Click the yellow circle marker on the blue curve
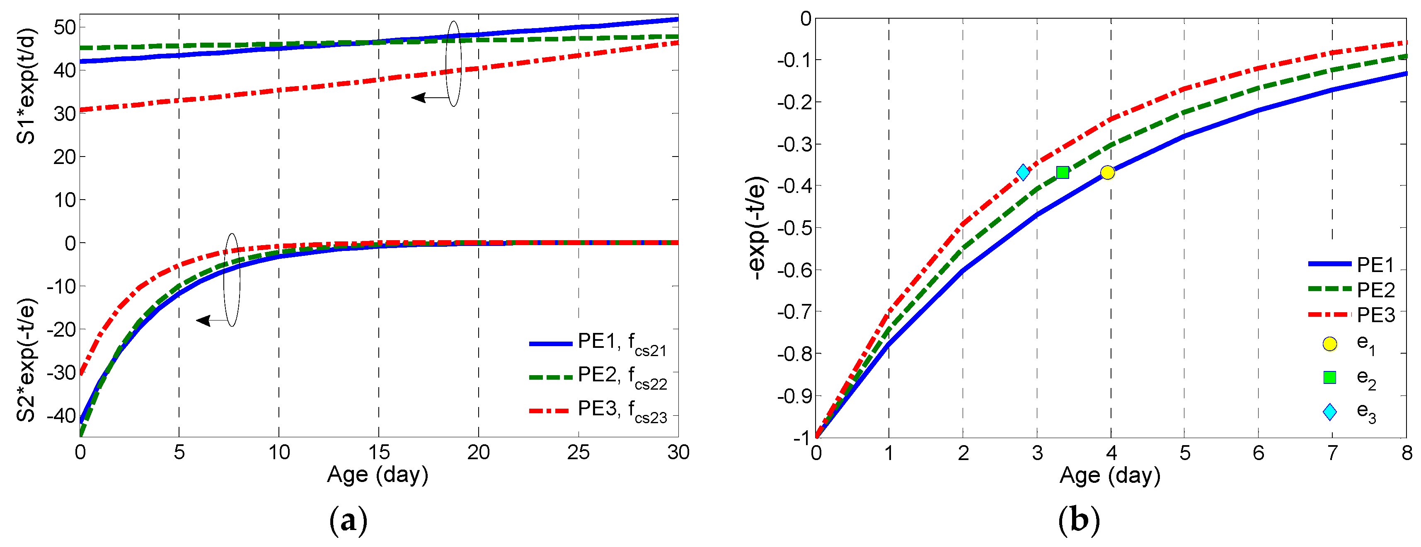pos(1107,173)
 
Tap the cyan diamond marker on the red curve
pos(1023,172)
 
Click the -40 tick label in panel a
pos(61,415)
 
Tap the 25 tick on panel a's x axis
pos(578,453)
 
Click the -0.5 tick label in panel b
pos(794,228)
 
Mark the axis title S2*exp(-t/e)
pos(26,359)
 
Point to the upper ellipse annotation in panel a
pos(453,63)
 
